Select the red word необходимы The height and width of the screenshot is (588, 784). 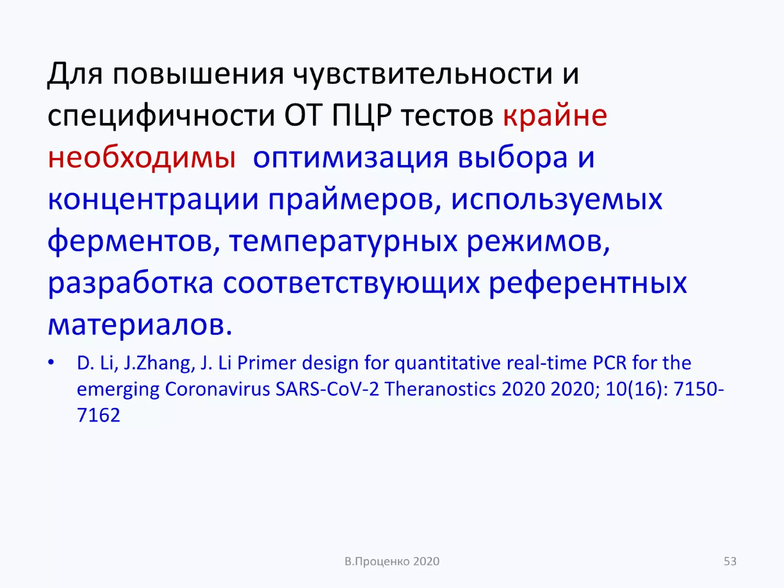point(142,158)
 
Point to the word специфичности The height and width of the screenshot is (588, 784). point(161,116)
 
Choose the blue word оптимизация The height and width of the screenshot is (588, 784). point(350,158)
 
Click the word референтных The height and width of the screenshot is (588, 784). point(588,284)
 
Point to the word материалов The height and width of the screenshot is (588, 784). point(140,326)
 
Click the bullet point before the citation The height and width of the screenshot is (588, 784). point(51,362)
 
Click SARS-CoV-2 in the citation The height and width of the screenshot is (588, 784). point(327,389)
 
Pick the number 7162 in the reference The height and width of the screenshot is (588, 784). point(98,415)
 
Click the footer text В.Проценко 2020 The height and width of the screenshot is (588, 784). point(392,561)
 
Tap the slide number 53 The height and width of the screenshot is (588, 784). point(730,561)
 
